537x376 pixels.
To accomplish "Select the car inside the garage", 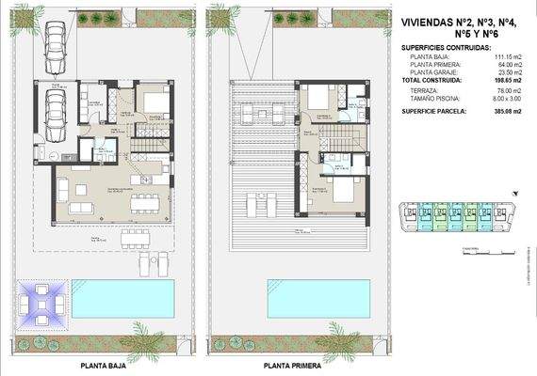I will [56, 114].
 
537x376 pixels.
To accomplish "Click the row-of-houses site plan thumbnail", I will [463, 218].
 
